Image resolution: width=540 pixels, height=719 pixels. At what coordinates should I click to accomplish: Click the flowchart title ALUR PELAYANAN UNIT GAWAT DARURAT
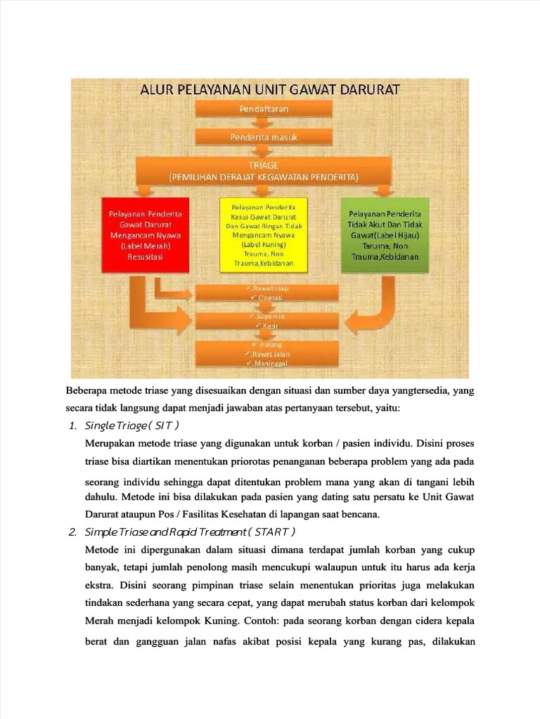pyautogui.click(x=269, y=90)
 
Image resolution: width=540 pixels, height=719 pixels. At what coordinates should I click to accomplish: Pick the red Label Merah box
pyautogui.click(x=146, y=235)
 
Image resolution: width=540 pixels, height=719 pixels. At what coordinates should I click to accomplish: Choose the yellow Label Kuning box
pyautogui.click(x=264, y=235)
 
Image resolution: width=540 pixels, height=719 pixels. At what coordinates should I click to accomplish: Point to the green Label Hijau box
pyautogui.click(x=385, y=235)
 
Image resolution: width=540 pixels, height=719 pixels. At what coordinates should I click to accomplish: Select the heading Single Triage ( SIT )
pyautogui.click(x=131, y=426)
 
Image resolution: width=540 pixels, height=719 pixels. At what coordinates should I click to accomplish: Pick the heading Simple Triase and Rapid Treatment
pyautogui.click(x=190, y=531)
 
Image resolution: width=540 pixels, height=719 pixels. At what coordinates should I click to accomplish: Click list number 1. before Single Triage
pyautogui.click(x=72, y=426)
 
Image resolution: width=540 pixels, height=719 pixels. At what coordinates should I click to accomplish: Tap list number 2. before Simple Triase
pyautogui.click(x=72, y=531)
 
